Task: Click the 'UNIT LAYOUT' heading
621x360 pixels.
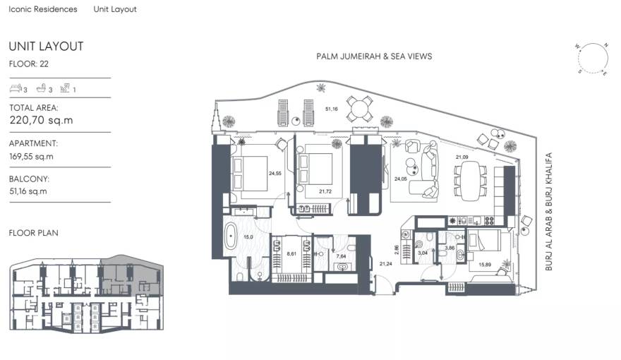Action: point(46,47)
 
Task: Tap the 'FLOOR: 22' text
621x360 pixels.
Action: point(28,64)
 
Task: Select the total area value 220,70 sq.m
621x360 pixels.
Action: point(41,120)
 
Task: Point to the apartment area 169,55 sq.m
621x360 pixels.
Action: point(31,156)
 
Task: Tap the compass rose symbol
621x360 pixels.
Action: point(592,58)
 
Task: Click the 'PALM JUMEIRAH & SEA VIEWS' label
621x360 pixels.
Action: point(374,56)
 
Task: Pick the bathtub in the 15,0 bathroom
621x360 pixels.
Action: point(231,238)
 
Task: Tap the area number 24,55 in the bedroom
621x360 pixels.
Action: point(274,174)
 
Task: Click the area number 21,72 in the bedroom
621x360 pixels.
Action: point(325,191)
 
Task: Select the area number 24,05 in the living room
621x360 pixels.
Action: point(401,179)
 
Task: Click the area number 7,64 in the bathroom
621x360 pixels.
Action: point(341,255)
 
